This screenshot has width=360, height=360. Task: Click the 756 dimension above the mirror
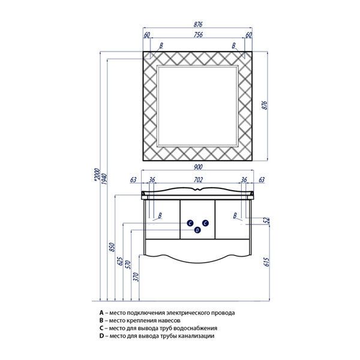pyautogui.click(x=198, y=34)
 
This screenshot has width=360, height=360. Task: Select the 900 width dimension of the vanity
pyautogui.click(x=198, y=167)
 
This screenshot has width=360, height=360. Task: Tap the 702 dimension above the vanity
pyautogui.click(x=198, y=179)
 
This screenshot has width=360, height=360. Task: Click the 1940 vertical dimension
pyautogui.click(x=104, y=179)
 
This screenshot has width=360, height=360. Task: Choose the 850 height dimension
pyautogui.click(x=112, y=247)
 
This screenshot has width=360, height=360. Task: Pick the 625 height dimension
pyautogui.click(x=120, y=261)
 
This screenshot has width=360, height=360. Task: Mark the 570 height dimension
pyautogui.click(x=128, y=265)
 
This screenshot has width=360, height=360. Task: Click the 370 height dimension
pyautogui.click(x=136, y=277)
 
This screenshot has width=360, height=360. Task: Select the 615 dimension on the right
pyautogui.click(x=266, y=262)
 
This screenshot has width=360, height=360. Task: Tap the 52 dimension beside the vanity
pyautogui.click(x=266, y=220)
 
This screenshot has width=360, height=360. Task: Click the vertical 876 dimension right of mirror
pyautogui.click(x=265, y=105)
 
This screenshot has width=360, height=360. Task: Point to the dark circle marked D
pyautogui.click(x=197, y=230)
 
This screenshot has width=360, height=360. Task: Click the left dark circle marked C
pyautogui.click(x=190, y=223)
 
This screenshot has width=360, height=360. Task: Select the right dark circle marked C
pyautogui.click(x=205, y=223)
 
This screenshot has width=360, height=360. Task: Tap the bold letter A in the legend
pyautogui.click(x=101, y=313)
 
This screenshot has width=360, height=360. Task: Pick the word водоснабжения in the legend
pyautogui.click(x=196, y=328)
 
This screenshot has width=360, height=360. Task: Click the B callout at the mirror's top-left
pyautogui.click(x=161, y=46)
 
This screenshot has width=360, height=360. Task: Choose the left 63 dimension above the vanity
pyautogui.click(x=133, y=180)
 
